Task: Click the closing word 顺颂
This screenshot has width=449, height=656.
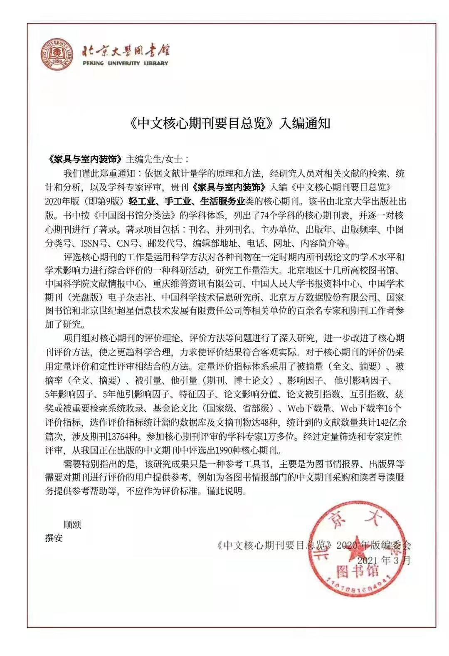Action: tap(72, 524)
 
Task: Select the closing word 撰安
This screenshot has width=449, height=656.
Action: tap(54, 538)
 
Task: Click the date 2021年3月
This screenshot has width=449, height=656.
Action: tap(383, 560)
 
